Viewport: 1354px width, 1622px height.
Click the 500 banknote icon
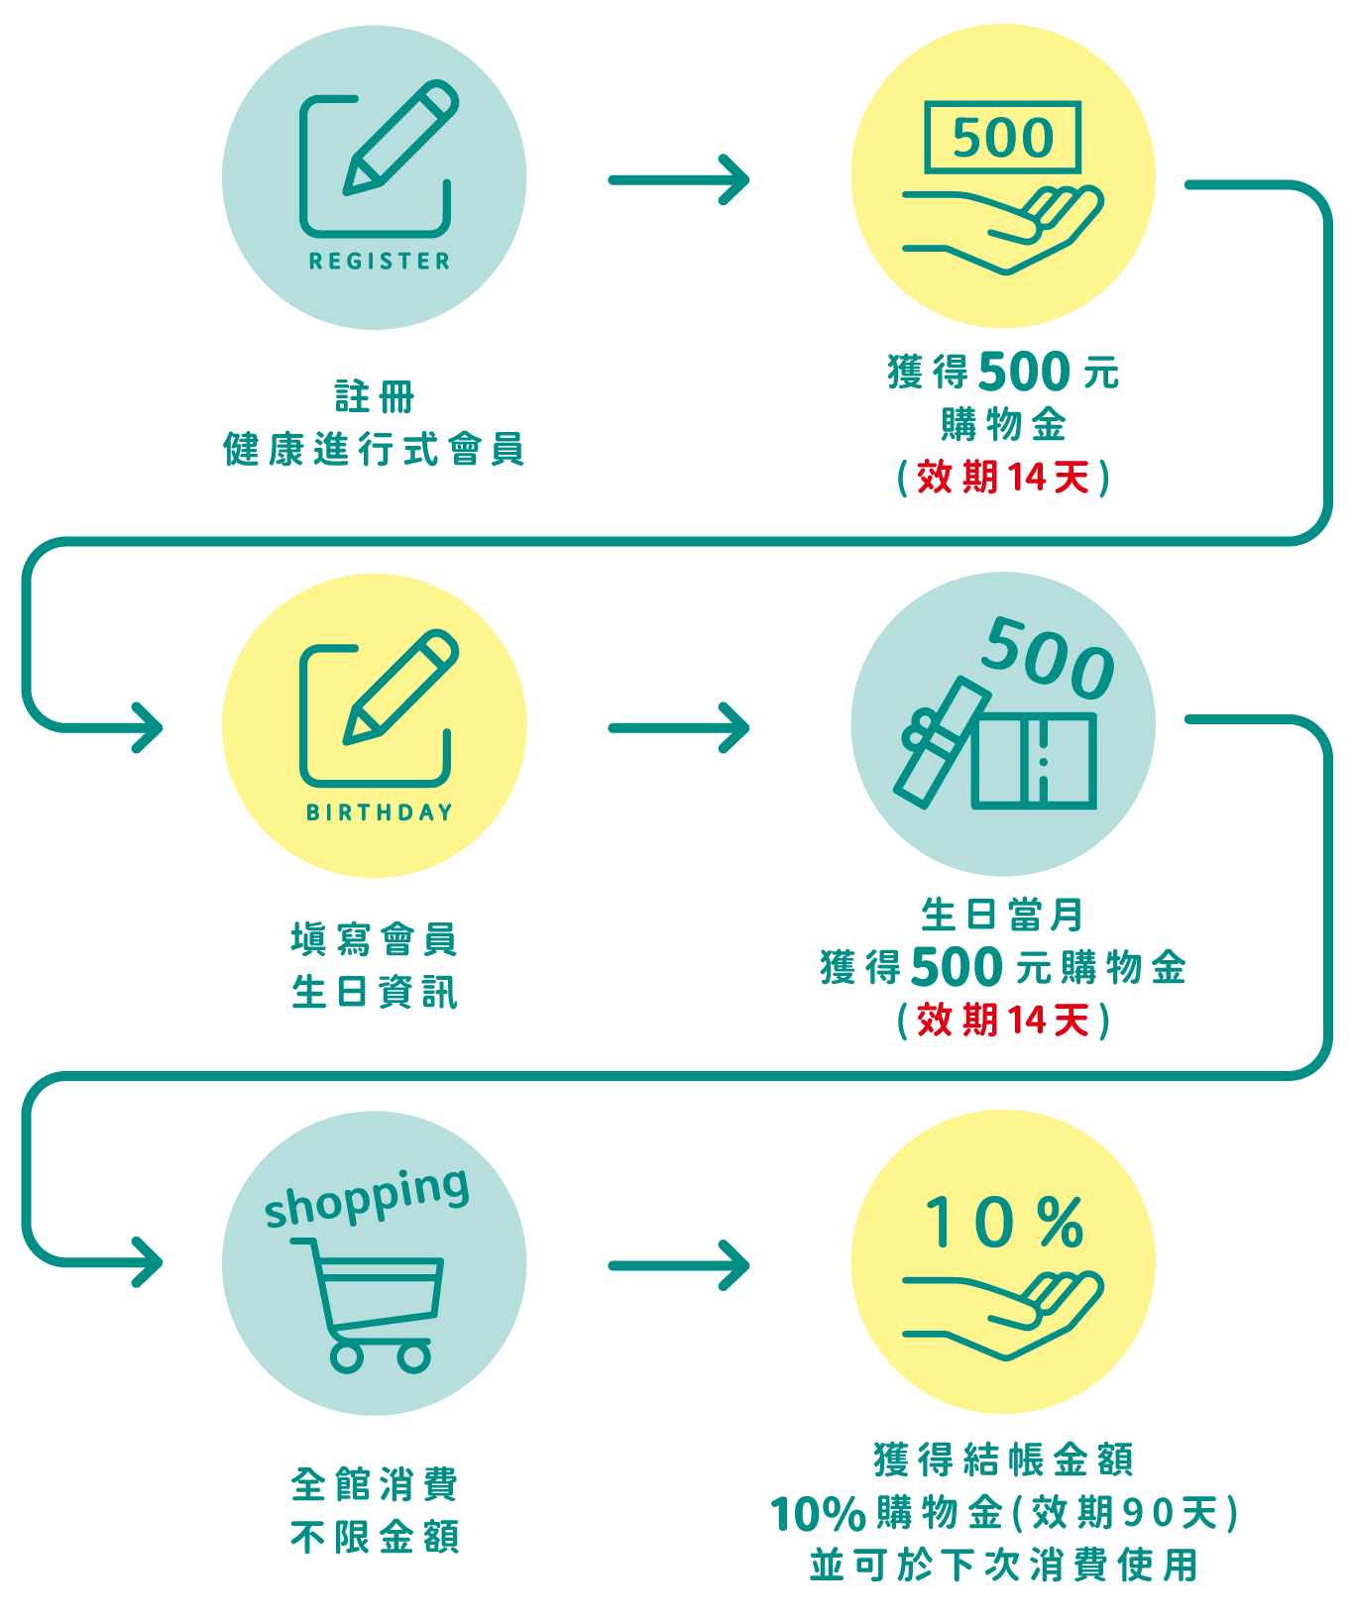click(1002, 137)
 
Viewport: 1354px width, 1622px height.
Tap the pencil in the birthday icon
click(401, 686)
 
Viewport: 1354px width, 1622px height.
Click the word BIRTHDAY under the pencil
click(379, 812)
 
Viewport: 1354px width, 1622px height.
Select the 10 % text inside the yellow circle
click(1003, 1223)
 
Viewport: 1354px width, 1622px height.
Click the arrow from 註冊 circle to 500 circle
click(680, 180)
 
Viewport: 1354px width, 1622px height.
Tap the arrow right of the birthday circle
click(680, 728)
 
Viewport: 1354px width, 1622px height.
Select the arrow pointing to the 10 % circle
click(680, 1265)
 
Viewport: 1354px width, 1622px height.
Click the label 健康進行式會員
click(374, 450)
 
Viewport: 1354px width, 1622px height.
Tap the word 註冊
click(374, 397)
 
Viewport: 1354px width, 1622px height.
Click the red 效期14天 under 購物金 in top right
click(1003, 478)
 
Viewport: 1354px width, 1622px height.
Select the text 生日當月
click(1003, 915)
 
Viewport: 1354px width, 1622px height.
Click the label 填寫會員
click(374, 939)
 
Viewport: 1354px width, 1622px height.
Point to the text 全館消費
click(374, 1484)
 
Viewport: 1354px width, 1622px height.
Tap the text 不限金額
click(374, 1538)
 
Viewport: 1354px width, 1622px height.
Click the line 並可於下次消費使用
click(1003, 1566)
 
